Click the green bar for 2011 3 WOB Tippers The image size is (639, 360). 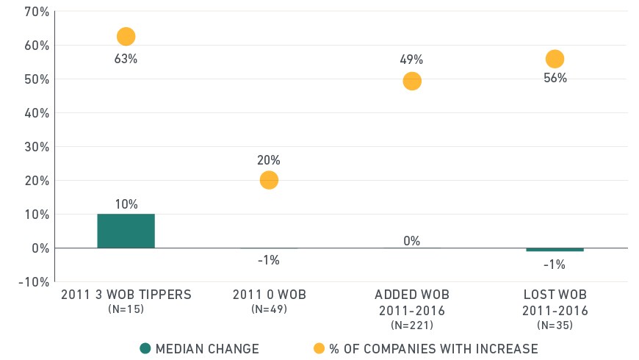tap(126, 231)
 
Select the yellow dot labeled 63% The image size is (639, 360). tap(126, 37)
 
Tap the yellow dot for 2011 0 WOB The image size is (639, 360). tap(269, 180)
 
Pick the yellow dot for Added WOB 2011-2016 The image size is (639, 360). tap(412, 81)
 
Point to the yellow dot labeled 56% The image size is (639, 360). tap(555, 59)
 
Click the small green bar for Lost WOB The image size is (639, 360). tap(555, 250)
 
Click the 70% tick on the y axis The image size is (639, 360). tap(37, 12)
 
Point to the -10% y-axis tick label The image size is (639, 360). tap(34, 282)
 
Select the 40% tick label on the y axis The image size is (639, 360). tap(37, 113)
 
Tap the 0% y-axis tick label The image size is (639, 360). tap(40, 248)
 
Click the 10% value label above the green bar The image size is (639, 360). tap(126, 204)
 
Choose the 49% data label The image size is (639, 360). tap(411, 60)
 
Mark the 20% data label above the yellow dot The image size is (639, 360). tap(269, 160)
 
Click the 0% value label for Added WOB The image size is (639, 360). tap(411, 240)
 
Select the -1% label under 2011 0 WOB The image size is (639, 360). tap(269, 260)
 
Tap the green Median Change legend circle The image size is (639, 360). tap(145, 348)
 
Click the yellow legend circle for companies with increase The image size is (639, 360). tap(319, 348)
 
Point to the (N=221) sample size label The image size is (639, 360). tap(412, 325)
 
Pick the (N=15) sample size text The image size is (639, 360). tap(126, 309)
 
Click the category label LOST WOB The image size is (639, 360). tap(555, 295)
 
